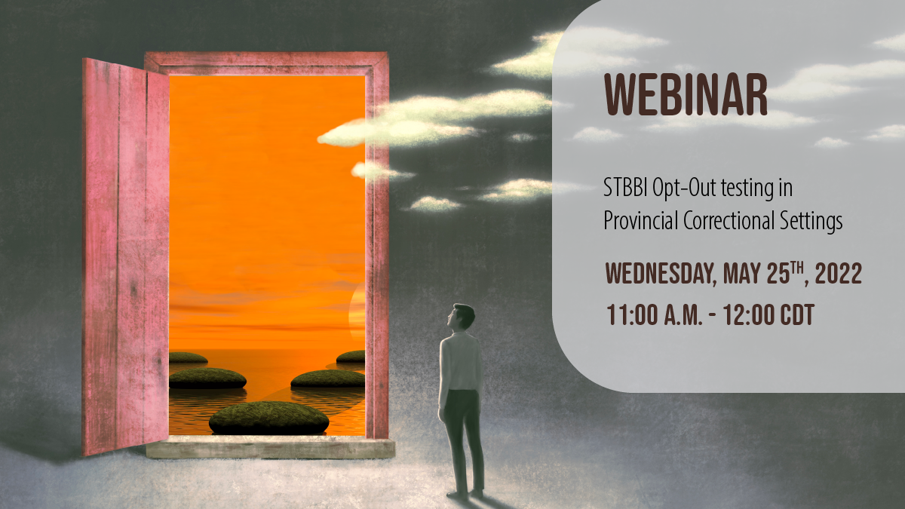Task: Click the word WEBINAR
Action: (686, 95)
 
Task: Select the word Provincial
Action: (640, 221)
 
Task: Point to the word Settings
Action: (811, 222)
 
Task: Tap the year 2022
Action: (839, 273)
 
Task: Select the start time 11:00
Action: (632, 314)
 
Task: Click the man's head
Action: (461, 316)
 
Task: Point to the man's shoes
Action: (465, 494)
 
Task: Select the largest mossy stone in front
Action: (268, 418)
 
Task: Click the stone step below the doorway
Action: (270, 447)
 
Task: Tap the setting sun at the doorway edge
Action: (357, 311)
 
